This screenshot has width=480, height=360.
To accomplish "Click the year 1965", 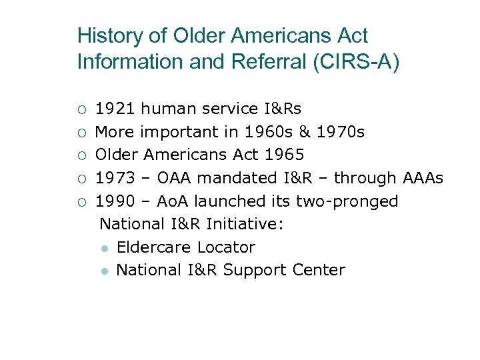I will [x=284, y=155].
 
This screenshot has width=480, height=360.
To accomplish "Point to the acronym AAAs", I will [x=423, y=178].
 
